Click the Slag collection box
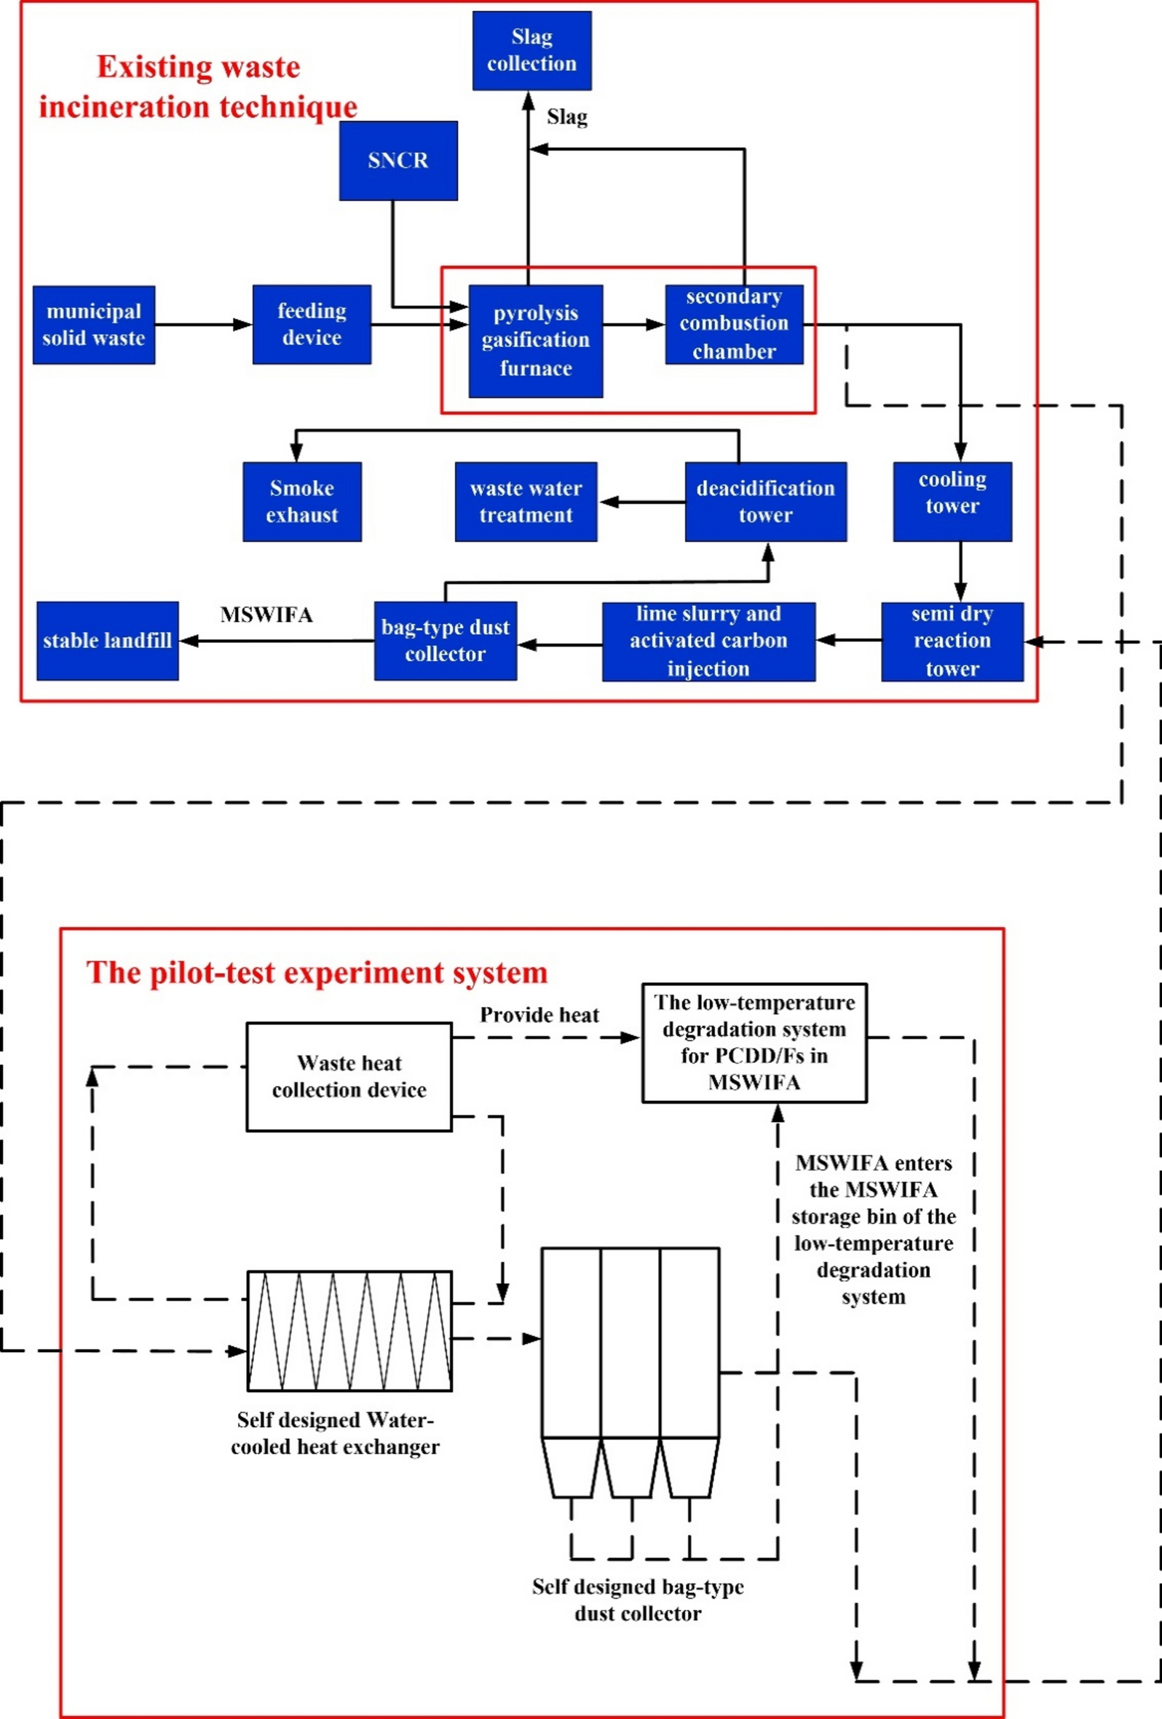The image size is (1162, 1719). [x=531, y=50]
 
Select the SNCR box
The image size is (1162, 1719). [x=398, y=160]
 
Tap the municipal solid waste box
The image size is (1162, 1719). [x=94, y=325]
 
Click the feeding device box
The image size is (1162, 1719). [x=312, y=324]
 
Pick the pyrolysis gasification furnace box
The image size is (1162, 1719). [x=536, y=341]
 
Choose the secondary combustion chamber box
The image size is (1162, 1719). [x=734, y=324]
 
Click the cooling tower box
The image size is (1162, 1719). [x=952, y=502]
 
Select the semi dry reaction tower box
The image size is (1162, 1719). [x=952, y=641]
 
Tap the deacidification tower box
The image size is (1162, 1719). [x=765, y=502]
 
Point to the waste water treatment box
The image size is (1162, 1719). [x=526, y=502]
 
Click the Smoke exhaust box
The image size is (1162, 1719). [x=301, y=502]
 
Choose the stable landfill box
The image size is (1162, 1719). [x=107, y=641]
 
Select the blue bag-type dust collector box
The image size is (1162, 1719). [x=446, y=641]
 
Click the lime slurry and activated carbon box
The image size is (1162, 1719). [x=708, y=641]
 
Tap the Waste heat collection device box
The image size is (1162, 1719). [x=349, y=1076]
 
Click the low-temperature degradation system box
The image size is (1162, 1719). [x=754, y=1042]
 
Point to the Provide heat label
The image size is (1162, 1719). [x=539, y=1015]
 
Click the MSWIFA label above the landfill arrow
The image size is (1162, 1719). [x=266, y=615]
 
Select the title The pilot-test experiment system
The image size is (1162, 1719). [x=317, y=972]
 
